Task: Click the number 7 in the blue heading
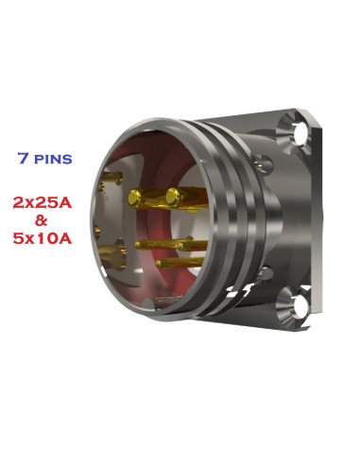click(x=22, y=157)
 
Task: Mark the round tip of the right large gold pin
click(x=173, y=196)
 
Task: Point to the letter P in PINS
click(x=37, y=158)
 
